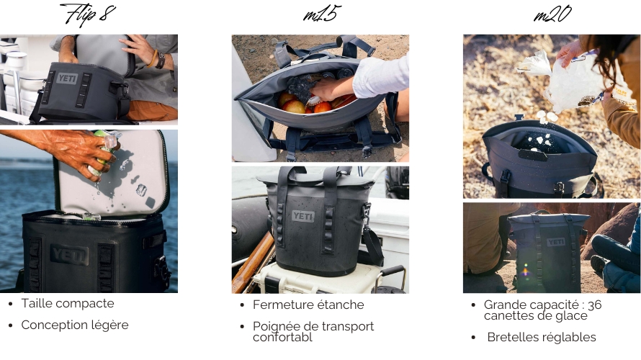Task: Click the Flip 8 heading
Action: (x=89, y=14)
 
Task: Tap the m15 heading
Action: (x=322, y=14)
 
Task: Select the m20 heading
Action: (x=552, y=14)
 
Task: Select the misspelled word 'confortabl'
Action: (x=282, y=337)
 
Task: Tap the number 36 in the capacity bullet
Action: (x=594, y=305)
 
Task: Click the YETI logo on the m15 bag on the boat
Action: (x=303, y=216)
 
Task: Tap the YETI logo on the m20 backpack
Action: (x=556, y=243)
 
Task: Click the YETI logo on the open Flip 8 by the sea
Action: (x=69, y=255)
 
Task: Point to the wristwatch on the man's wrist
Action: (x=160, y=61)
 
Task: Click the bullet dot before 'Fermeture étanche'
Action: (x=243, y=305)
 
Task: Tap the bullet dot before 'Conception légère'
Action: (x=11, y=325)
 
